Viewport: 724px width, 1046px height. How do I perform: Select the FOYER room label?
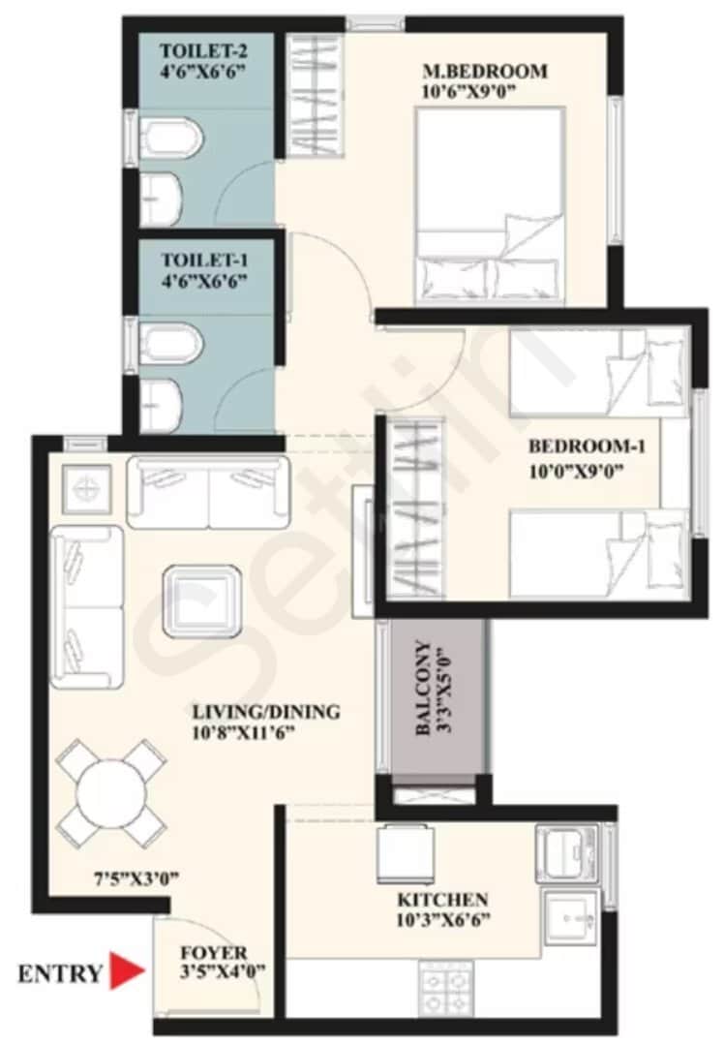pos(213,953)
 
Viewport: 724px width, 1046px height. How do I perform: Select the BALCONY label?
pos(423,689)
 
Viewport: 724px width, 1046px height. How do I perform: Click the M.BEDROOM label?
pos(485,71)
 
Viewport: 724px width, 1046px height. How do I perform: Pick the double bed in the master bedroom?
pos(490,205)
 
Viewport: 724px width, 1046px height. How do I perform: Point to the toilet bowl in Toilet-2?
pos(172,138)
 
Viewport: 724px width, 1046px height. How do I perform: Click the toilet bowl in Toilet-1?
pos(172,344)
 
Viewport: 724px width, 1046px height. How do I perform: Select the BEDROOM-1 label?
pos(587,446)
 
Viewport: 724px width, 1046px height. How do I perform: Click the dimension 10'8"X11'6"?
pos(243,733)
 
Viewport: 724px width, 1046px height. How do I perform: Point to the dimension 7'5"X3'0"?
pos(136,879)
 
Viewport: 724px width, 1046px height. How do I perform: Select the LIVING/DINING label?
pos(265,713)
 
